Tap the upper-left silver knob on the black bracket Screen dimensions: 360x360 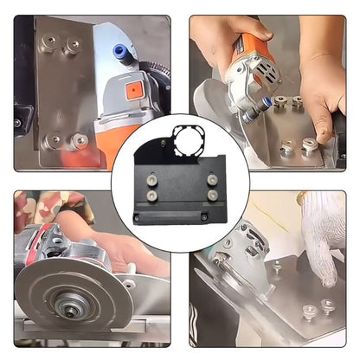pos(153,181)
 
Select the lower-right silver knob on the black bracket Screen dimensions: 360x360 pos(212,196)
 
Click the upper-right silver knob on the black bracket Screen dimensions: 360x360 pos(212,180)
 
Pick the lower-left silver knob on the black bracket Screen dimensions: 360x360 pos(153,196)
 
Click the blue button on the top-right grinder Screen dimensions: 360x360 pos(280,100)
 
